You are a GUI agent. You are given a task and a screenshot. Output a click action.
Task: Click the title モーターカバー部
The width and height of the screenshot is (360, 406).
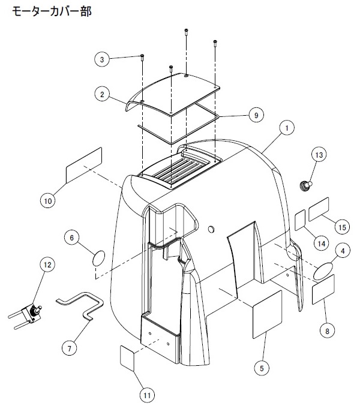[x=52, y=11]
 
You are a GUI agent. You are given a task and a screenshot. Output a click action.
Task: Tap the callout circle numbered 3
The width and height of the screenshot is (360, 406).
[x=102, y=59]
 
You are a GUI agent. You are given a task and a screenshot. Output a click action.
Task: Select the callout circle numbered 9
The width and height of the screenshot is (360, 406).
[x=256, y=115]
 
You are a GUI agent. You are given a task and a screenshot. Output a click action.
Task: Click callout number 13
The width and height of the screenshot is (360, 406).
[x=319, y=155]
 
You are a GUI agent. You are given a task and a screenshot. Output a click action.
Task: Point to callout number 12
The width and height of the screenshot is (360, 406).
[x=47, y=264]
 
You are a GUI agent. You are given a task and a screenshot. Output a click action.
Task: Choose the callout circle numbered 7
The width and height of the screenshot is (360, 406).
[x=69, y=348]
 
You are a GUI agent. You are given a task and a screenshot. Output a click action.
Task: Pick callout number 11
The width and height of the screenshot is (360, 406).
[x=147, y=395]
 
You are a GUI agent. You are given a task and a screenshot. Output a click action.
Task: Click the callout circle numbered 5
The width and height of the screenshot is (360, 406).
[x=262, y=368]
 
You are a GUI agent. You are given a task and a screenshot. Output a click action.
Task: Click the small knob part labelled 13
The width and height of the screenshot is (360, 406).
[x=305, y=185]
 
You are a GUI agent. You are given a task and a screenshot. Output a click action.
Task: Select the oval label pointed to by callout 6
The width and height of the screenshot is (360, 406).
[x=98, y=258]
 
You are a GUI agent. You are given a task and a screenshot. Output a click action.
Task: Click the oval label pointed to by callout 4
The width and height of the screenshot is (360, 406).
[x=323, y=271]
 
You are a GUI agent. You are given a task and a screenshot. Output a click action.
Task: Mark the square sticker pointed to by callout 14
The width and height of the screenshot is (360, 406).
[x=300, y=220]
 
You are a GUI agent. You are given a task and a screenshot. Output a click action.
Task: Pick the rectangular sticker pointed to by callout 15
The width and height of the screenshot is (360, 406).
[x=319, y=209]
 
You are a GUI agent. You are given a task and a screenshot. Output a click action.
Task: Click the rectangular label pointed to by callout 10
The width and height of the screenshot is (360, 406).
[x=84, y=165]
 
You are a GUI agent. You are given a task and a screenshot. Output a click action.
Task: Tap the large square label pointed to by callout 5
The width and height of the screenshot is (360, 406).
[x=267, y=314]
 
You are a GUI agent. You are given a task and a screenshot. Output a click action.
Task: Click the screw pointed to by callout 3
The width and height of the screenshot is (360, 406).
[x=142, y=58]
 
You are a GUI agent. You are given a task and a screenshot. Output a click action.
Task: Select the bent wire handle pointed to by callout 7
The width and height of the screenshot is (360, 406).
[x=81, y=306]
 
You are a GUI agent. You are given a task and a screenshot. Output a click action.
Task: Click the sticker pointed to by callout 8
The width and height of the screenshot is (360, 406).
[x=323, y=289]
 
